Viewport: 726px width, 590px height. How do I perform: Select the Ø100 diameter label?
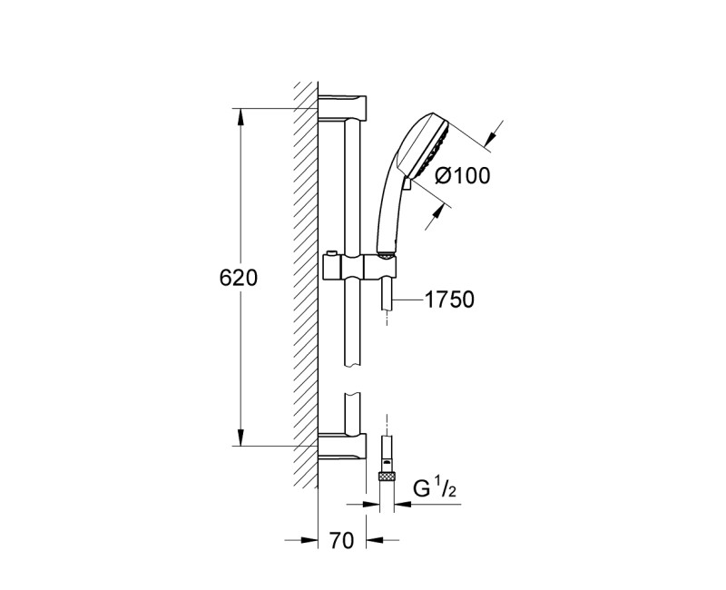click(x=462, y=176)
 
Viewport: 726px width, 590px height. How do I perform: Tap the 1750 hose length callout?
click(x=450, y=300)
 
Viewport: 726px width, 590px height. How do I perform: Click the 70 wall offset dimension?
click(x=340, y=542)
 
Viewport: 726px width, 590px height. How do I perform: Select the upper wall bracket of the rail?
click(x=343, y=106)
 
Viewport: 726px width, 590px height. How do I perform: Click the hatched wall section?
click(x=305, y=272)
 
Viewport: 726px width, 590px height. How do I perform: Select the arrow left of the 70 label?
click(x=308, y=541)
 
